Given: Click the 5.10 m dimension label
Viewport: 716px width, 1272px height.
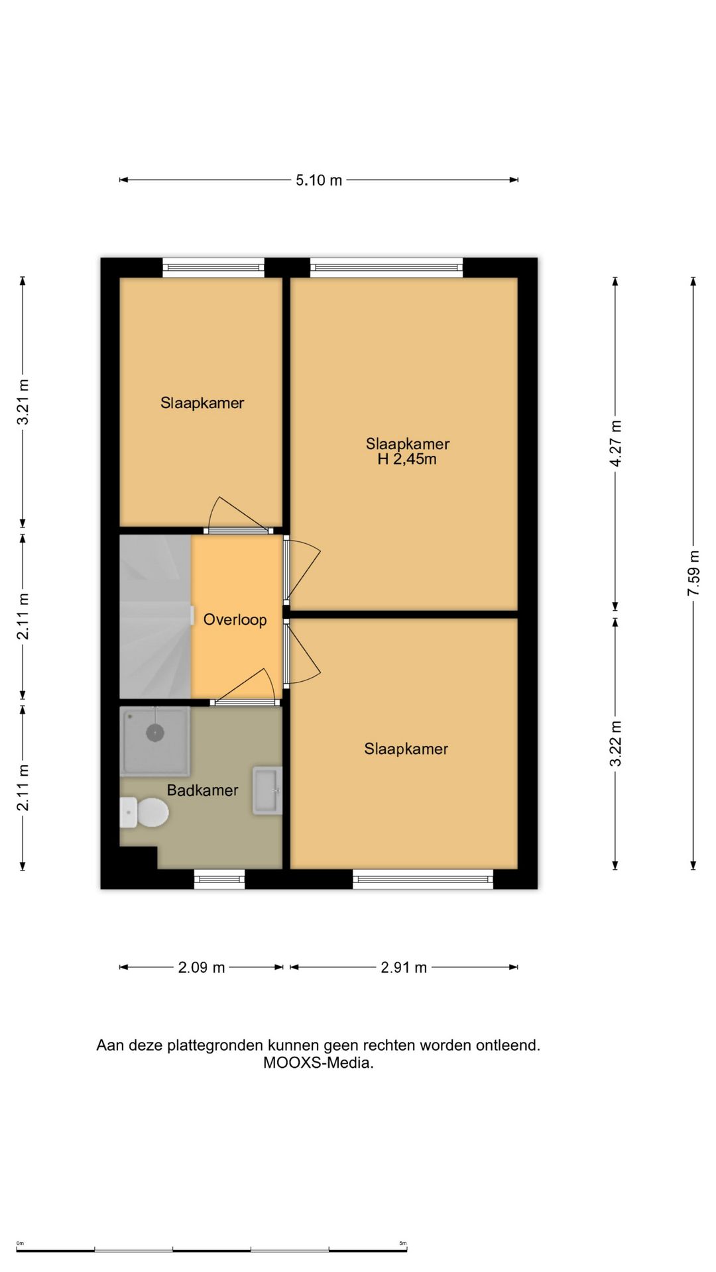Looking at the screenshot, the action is pyautogui.click(x=319, y=180).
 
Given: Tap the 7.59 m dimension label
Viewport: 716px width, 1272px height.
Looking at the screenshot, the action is pyautogui.click(x=693, y=573).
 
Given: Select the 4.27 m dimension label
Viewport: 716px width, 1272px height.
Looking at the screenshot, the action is pyautogui.click(x=616, y=443).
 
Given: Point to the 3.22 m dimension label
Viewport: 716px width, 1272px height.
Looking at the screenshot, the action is pyautogui.click(x=616, y=743).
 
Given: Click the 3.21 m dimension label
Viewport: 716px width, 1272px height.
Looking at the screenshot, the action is pyautogui.click(x=23, y=402).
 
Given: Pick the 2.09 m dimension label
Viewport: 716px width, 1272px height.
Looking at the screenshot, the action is pyautogui.click(x=202, y=967).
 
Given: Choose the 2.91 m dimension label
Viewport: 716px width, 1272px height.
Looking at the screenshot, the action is pyautogui.click(x=404, y=967).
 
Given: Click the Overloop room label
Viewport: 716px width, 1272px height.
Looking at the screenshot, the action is pyautogui.click(x=235, y=619).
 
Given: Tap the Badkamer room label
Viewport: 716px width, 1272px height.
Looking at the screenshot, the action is pyautogui.click(x=202, y=790).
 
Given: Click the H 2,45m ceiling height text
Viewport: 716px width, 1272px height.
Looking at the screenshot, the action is pyautogui.click(x=407, y=459).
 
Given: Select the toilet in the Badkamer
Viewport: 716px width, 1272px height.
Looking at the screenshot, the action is pyautogui.click(x=144, y=812).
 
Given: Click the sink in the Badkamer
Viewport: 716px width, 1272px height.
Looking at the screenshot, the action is pyautogui.click(x=267, y=790).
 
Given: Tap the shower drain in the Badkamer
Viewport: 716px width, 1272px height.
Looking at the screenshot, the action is pyautogui.click(x=155, y=733).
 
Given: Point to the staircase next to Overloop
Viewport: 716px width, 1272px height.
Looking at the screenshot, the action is pyautogui.click(x=155, y=616).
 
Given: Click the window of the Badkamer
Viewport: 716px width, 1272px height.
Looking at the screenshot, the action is pyautogui.click(x=219, y=879).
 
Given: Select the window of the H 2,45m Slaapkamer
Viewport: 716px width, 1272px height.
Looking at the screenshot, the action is pyautogui.click(x=387, y=268).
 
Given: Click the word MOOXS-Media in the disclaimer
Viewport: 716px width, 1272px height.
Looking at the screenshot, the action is pyautogui.click(x=318, y=1063).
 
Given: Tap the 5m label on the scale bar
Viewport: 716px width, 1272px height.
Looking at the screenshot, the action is pyautogui.click(x=402, y=1243).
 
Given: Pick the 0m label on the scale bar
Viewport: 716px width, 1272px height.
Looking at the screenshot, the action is pyautogui.click(x=20, y=1243).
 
